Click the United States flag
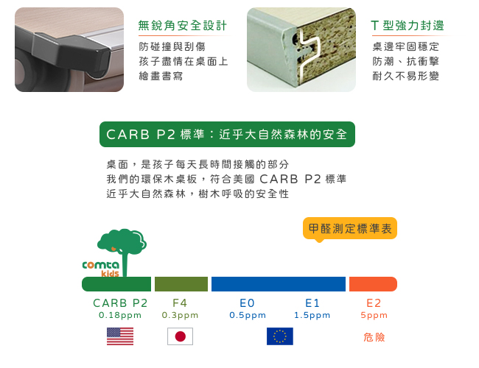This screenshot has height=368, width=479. pyautogui.click(x=120, y=336)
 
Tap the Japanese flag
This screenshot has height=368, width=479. pyautogui.click(x=180, y=336)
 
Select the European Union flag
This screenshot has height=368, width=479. pyautogui.click(x=280, y=336)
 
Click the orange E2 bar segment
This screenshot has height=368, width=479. pyautogui.click(x=373, y=284)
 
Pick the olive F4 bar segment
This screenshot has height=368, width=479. pyautogui.click(x=181, y=284)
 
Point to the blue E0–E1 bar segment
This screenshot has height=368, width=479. pyautogui.click(x=279, y=284)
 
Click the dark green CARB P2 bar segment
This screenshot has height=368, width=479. pyautogui.click(x=116, y=284)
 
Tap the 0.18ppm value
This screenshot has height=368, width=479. pyautogui.click(x=120, y=315)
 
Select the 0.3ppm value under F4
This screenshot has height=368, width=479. pyautogui.click(x=180, y=315)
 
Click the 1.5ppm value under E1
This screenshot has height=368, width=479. pyautogui.click(x=312, y=315)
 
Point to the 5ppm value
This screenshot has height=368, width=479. pyautogui.click(x=374, y=315)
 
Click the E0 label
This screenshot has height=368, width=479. pyautogui.click(x=247, y=303)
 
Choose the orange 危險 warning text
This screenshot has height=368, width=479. pyautogui.click(x=374, y=337)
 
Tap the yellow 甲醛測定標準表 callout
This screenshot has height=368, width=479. pyautogui.click(x=350, y=229)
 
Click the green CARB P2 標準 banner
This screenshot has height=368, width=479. pyautogui.click(x=227, y=134)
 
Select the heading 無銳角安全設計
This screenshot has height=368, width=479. pyautogui.click(x=182, y=26)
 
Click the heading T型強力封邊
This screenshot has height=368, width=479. pyautogui.click(x=408, y=26)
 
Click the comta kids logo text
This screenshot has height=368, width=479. pyautogui.click(x=101, y=269)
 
